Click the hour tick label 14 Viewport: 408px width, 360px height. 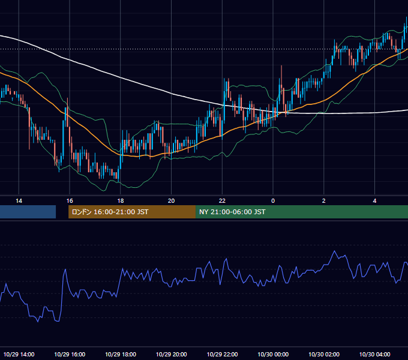19,201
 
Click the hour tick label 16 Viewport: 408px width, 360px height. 70,201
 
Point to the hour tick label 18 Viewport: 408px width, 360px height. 121,201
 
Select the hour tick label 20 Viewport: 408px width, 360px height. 171,201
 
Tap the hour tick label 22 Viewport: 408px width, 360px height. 222,201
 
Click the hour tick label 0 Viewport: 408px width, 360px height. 273,201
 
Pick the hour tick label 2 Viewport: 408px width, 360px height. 323,201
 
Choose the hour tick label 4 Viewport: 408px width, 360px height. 374,201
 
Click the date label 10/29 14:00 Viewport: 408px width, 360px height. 19,354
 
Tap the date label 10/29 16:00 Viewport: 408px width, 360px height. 70,354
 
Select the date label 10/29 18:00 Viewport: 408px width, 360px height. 121,354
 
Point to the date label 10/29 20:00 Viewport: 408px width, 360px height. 171,354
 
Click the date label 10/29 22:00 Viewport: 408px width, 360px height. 222,354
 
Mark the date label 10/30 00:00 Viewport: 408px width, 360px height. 273,354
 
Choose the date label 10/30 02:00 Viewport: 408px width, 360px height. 323,354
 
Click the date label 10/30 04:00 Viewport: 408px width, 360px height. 374,354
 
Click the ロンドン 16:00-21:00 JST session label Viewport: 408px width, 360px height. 110,212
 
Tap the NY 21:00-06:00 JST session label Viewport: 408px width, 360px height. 232,212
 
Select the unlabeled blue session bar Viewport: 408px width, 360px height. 28,212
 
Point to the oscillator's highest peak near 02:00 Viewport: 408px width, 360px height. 335,251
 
